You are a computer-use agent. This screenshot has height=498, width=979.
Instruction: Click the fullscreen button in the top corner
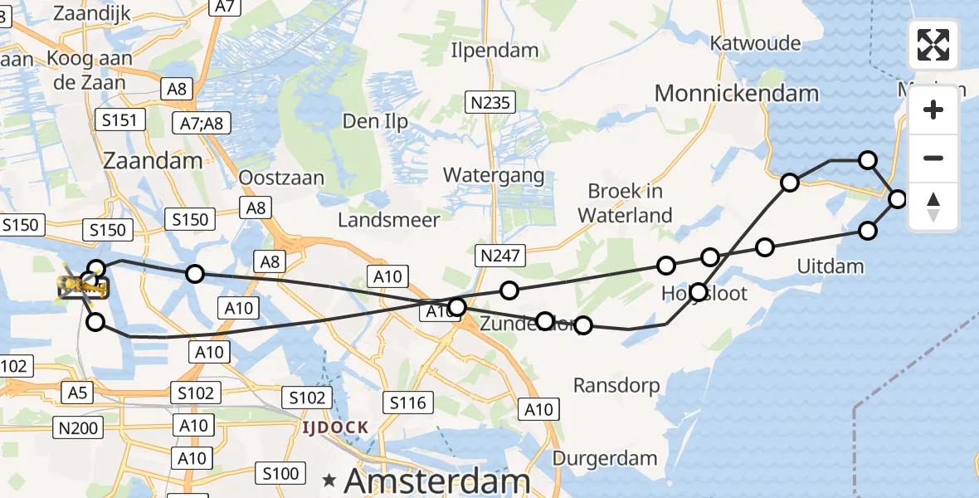pyautogui.click(x=933, y=45)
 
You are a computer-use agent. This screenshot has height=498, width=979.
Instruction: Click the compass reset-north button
pyautogui.click(x=933, y=207)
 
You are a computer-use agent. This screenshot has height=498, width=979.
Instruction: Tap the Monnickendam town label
pyautogui.click(x=737, y=93)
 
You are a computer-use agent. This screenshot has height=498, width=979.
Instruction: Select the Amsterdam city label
pyautogui.click(x=436, y=481)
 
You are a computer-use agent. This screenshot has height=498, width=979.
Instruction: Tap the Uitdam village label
pyautogui.click(x=830, y=266)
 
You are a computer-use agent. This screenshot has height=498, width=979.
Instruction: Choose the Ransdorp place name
pyautogui.click(x=616, y=385)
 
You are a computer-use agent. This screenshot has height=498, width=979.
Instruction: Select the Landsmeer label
pyautogui.click(x=388, y=220)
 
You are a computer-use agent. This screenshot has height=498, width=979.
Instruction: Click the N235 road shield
pyautogui.click(x=490, y=102)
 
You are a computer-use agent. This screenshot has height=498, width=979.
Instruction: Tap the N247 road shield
pyautogui.click(x=499, y=256)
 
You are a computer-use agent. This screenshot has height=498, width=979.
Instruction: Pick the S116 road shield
pyautogui.click(x=408, y=403)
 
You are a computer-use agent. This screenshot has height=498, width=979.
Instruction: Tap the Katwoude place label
pyautogui.click(x=756, y=43)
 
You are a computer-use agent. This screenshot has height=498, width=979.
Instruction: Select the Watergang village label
pyautogui.click(x=494, y=175)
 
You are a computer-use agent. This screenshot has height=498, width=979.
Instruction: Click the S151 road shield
pyautogui.click(x=119, y=121)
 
